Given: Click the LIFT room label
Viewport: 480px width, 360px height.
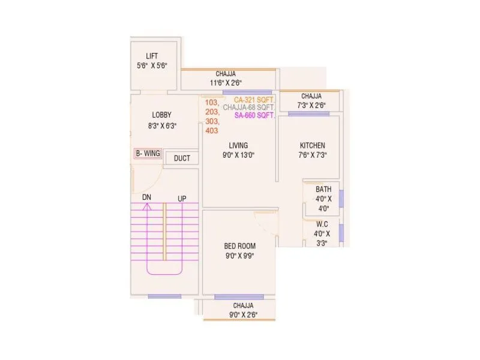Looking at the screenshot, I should tap(152, 56).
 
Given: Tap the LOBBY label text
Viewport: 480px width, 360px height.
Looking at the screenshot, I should tap(161, 115).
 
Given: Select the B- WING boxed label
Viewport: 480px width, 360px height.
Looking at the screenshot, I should tap(148, 154).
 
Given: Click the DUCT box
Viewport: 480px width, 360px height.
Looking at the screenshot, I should tap(182, 158).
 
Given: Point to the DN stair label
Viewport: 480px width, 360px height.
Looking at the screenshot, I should tap(146, 197).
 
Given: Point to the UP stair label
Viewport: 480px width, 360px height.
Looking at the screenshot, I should tap(181, 199).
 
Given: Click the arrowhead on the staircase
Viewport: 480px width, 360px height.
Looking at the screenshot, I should tap(146, 206).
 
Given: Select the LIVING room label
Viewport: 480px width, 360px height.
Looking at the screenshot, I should tap(238, 145).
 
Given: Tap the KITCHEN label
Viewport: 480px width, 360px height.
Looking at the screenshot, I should tap(313, 145).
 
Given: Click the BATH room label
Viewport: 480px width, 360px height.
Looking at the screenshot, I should tap(323, 190).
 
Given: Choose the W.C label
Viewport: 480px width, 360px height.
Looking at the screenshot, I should tap(322, 224).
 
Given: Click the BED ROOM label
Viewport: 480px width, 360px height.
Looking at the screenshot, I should tap(240, 245).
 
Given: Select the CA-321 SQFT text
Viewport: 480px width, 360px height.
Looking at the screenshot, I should tap(254, 100).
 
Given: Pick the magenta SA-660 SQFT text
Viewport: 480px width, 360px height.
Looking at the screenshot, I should tap(254, 115).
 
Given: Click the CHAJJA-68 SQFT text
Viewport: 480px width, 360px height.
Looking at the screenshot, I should tap(248, 107).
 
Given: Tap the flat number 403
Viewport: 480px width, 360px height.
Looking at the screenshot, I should tap(212, 130).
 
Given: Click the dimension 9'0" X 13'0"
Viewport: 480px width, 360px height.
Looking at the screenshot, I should tap(238, 155).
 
